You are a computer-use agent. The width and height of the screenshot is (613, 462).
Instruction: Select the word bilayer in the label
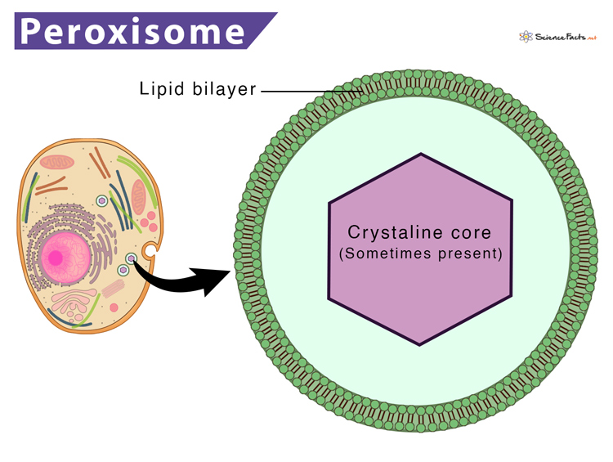(x=224, y=90)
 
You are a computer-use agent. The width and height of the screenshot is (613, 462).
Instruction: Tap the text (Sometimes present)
(x=420, y=253)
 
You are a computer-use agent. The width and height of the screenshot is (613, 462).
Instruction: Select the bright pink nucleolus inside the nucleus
(x=56, y=258)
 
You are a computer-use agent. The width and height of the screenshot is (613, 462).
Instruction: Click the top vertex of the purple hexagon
(x=421, y=154)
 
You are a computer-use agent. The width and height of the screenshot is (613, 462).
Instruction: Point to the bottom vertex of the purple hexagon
(x=421, y=344)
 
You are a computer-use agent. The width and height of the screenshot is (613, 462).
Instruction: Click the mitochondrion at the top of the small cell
(x=57, y=163)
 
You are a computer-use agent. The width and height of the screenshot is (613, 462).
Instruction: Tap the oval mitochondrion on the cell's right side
(x=139, y=197)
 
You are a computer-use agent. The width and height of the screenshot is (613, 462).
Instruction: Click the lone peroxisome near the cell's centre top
(x=101, y=200)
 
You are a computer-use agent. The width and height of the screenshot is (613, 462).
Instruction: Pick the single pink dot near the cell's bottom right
(x=114, y=307)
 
